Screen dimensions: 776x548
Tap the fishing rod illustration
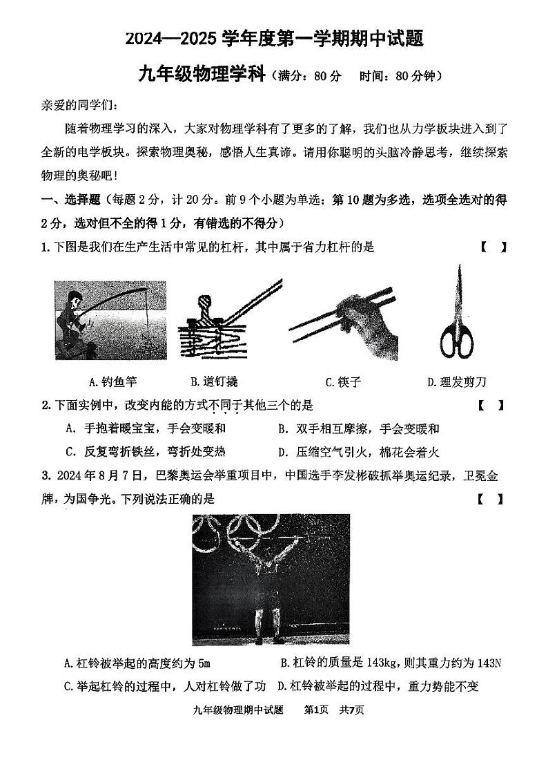coord(110,320)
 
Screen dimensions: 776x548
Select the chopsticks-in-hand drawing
coord(343,319)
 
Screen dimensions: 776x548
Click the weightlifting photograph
coord(271,579)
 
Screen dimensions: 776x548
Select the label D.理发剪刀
coord(457,381)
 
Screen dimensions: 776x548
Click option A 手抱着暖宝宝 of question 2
coord(146,428)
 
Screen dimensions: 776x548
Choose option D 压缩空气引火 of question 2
coord(358,453)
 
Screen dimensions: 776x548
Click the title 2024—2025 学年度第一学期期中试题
coord(274,39)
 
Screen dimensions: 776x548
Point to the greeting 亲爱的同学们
coord(79,105)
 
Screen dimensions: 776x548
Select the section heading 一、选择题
coord(71,200)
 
